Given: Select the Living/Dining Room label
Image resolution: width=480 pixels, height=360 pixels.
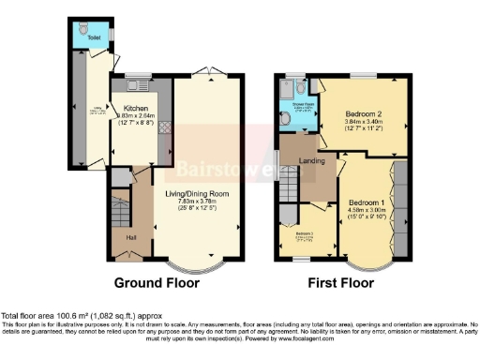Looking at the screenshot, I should (198, 194).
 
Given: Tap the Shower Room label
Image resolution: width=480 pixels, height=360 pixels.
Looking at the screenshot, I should (300, 104).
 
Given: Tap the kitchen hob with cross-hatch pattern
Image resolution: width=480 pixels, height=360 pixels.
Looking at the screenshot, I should (162, 127).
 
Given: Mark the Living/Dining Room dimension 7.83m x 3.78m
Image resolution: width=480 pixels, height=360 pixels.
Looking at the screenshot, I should (198, 202).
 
